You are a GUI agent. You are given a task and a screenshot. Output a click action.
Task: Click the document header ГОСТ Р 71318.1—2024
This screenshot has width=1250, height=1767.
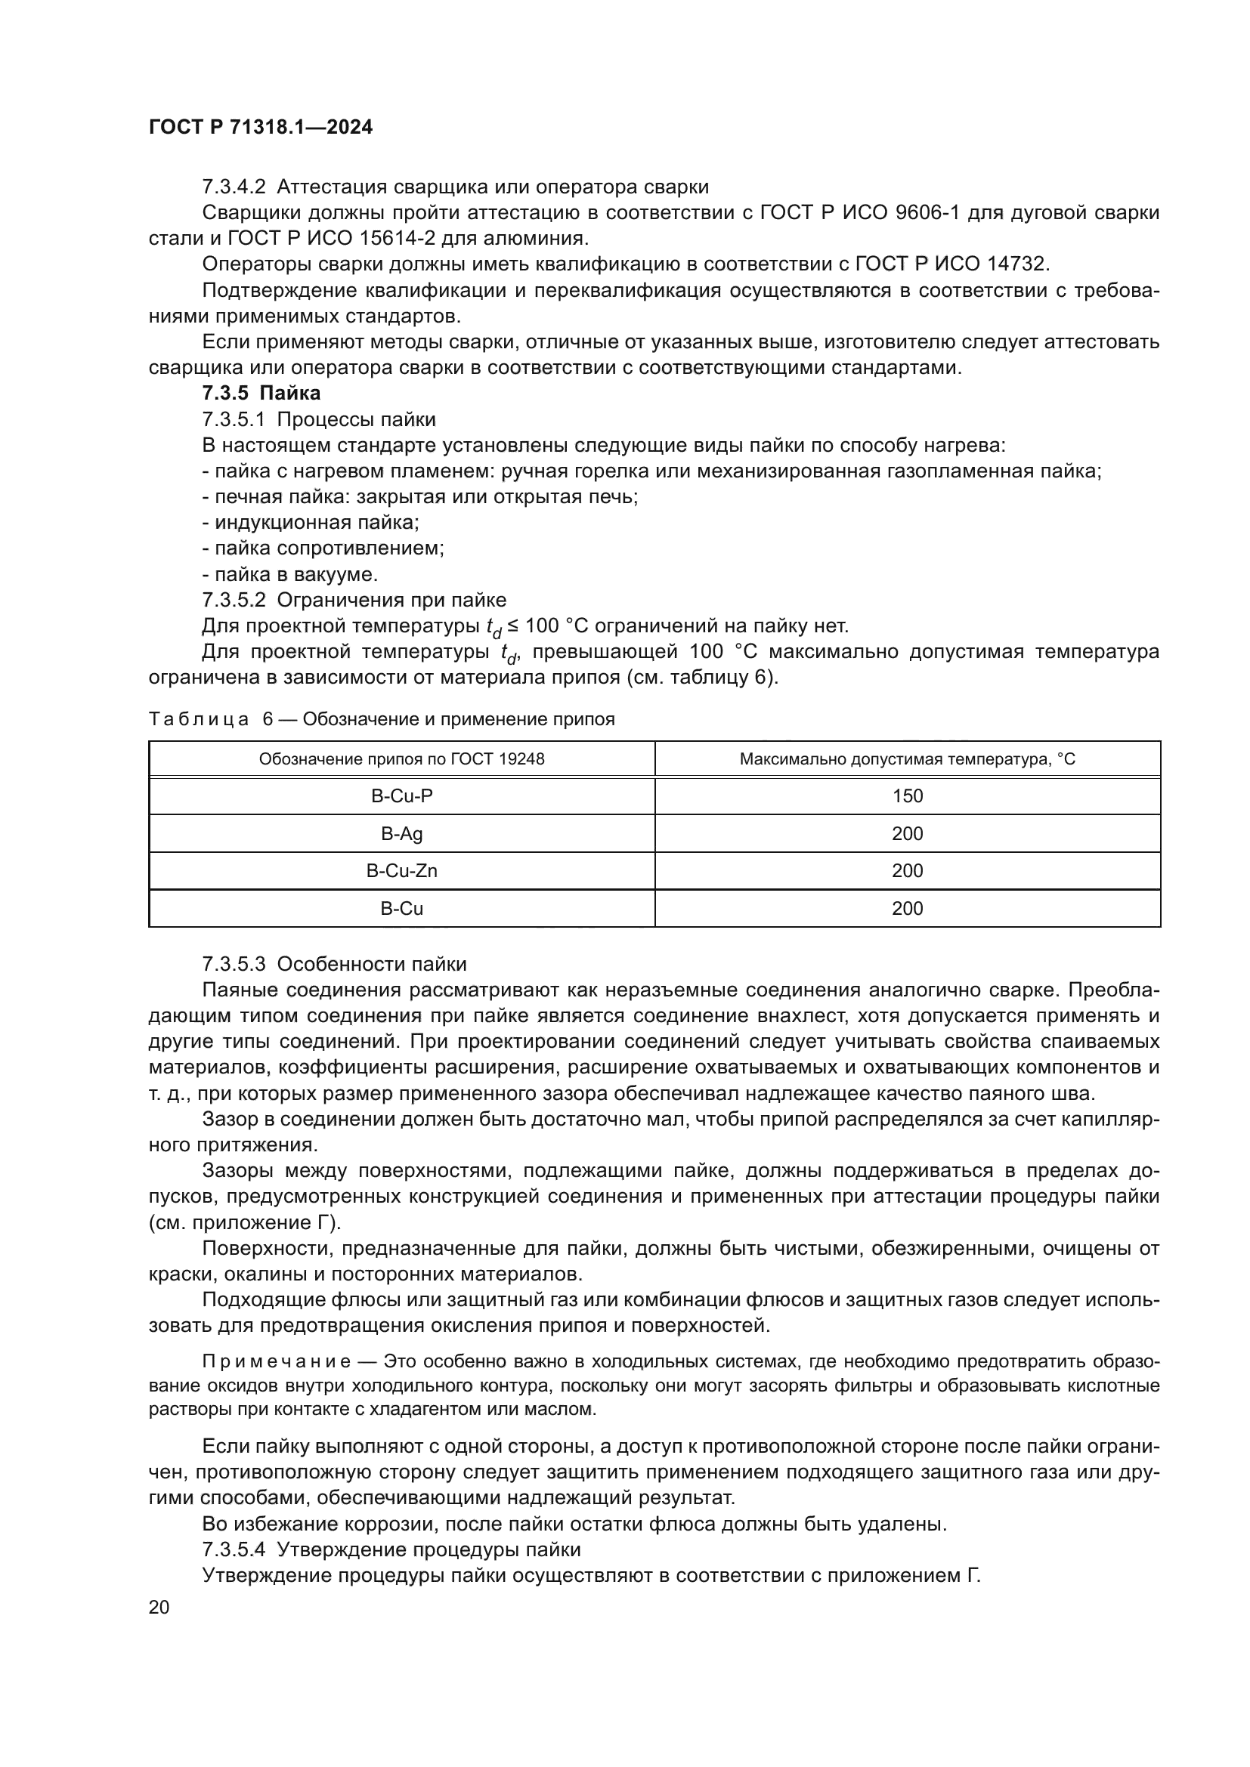(x=260, y=128)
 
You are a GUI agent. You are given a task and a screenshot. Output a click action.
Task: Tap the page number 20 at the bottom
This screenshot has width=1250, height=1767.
(x=159, y=1608)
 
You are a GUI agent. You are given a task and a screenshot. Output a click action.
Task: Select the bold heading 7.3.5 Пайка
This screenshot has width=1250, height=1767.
(x=261, y=394)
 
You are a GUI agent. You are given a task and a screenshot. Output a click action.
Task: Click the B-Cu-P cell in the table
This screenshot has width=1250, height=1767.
(x=402, y=795)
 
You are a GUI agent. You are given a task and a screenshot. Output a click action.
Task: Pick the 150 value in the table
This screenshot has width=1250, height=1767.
(x=908, y=795)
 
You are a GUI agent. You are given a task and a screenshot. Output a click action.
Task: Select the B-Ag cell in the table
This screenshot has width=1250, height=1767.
(x=402, y=833)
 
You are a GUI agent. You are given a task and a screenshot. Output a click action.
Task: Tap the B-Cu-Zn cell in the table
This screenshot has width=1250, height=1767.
(x=402, y=870)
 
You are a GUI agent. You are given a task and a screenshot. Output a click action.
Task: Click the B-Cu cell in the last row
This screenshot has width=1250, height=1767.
(x=402, y=908)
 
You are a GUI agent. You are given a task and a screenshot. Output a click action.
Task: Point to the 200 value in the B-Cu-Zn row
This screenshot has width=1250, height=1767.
(x=908, y=870)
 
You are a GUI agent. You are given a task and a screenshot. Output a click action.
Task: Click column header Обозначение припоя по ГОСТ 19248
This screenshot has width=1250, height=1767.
(x=402, y=758)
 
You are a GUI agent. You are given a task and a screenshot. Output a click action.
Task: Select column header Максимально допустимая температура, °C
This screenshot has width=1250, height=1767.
(x=908, y=758)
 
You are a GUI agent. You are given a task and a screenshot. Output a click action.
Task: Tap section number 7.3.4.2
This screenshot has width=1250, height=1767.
(x=234, y=187)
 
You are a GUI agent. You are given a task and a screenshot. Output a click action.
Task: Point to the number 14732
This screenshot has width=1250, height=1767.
(x=1017, y=264)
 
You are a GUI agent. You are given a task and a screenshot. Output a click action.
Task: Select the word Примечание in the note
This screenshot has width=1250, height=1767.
(x=277, y=1361)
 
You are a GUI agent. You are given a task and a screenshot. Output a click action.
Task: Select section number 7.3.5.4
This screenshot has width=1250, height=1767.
(x=234, y=1549)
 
